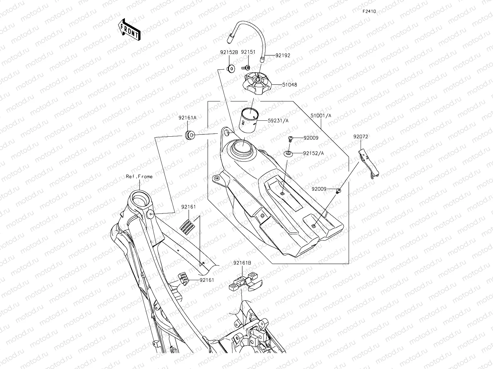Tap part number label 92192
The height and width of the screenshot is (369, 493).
pos(282,55)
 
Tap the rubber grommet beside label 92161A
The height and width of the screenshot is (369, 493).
pos(189,134)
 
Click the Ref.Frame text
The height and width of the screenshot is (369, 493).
pos(139,177)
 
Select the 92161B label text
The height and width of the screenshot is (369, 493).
pos(242,262)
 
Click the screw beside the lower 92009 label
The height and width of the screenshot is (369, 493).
pos(338,191)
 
